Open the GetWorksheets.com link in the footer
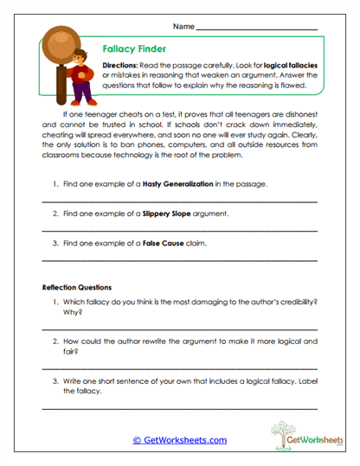(x=179, y=440)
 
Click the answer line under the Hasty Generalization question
(x=179, y=201)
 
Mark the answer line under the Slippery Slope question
(x=179, y=230)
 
